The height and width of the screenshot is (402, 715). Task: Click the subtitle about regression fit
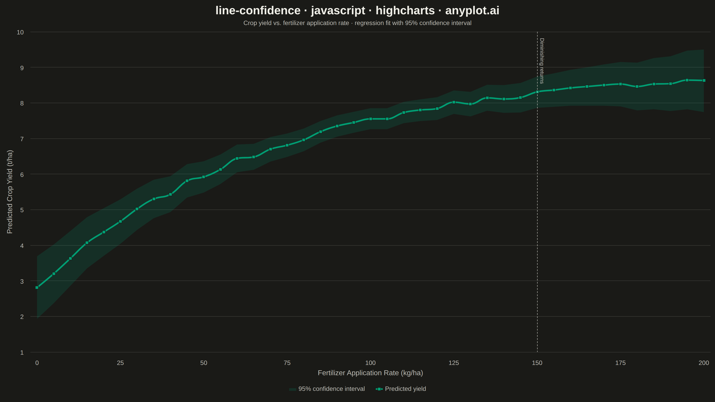coord(357,23)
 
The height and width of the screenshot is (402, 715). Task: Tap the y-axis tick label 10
coord(20,32)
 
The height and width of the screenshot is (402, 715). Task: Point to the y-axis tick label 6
coord(22,174)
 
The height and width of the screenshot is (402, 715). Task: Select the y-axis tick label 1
coord(22,353)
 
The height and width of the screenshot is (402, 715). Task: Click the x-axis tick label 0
coord(37,363)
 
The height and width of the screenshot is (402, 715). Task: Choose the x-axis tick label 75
coord(287,363)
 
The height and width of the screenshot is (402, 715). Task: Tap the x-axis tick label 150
coord(537,363)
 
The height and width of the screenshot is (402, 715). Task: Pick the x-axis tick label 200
coord(704,363)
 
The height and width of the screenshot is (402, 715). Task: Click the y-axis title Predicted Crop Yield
coord(10,192)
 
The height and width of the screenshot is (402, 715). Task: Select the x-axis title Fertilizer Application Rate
coord(370,373)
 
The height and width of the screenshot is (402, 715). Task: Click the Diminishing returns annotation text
coord(542,61)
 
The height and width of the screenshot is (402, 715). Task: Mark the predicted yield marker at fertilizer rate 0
coord(37,288)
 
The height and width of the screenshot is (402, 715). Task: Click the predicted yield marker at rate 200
coord(704,80)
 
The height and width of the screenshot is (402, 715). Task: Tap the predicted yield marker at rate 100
coord(370,119)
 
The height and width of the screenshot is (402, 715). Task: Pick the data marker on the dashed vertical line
coord(537,92)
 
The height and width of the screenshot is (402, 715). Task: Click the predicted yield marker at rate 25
coord(120,221)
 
